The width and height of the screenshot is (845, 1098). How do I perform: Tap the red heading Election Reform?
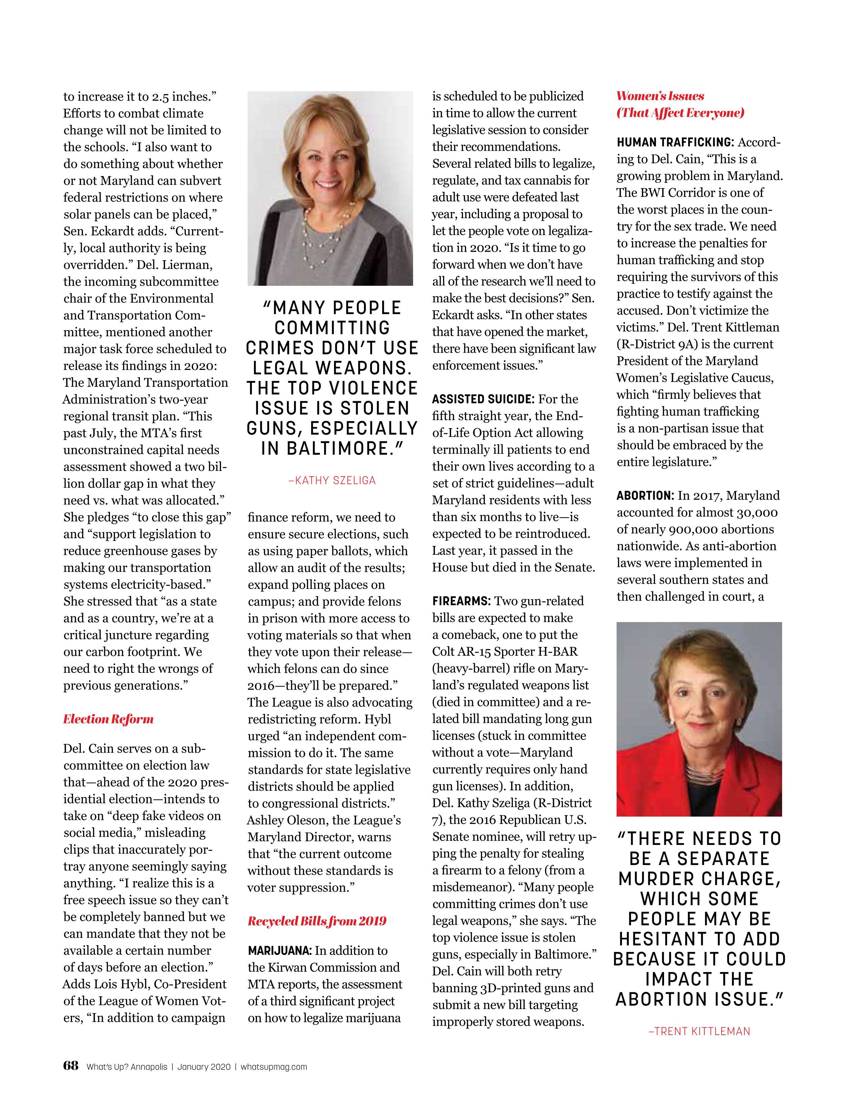pos(108,719)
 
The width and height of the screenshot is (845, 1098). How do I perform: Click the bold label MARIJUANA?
pos(280,951)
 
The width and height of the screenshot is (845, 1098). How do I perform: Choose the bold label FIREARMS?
pos(461,601)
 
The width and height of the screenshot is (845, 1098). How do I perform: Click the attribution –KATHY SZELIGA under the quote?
pos(332,480)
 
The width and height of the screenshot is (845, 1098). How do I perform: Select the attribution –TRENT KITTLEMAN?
pos(699,1031)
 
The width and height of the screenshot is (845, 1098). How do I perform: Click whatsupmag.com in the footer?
pos(274,1067)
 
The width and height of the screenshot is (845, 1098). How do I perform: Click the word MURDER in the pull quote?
pos(657,879)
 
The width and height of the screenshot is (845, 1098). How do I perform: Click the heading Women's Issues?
pos(660,96)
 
